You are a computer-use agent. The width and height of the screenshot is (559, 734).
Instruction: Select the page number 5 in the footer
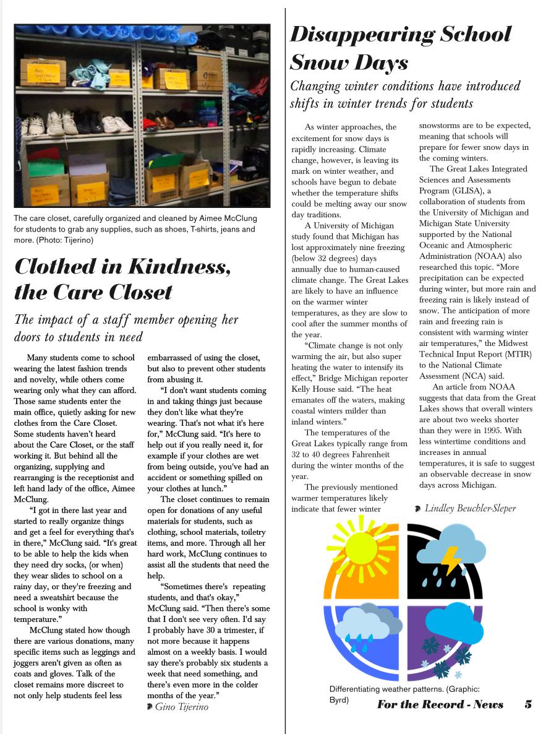click(528, 704)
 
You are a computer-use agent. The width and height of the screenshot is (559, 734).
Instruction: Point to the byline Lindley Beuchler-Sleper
click(470, 508)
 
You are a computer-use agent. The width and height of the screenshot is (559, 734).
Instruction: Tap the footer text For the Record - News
click(440, 704)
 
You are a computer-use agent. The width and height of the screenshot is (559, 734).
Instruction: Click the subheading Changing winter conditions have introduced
click(406, 85)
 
